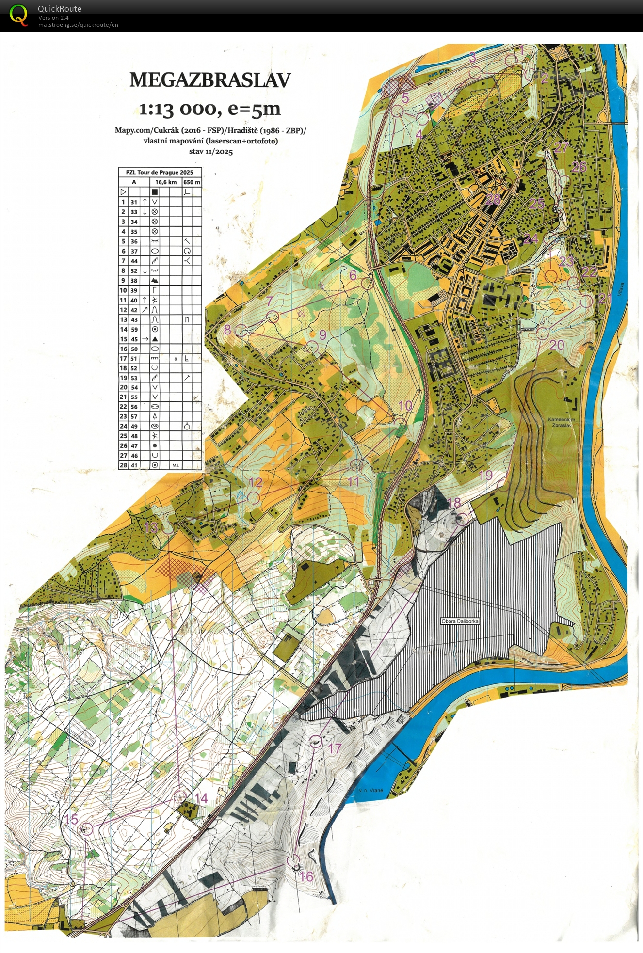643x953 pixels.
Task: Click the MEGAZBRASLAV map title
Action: point(210,80)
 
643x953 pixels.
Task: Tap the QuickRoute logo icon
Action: point(18,15)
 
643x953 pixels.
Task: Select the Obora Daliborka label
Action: point(460,621)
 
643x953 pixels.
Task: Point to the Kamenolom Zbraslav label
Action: point(561,422)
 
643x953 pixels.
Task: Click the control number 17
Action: point(335,748)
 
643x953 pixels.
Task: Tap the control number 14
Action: point(201,798)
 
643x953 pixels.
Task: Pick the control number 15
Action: point(71,819)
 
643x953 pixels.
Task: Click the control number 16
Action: point(306,876)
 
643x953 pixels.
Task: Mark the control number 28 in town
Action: point(493,199)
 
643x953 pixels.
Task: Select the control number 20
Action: point(557,345)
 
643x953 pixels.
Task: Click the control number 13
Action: point(151,527)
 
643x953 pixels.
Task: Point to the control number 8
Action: point(227,330)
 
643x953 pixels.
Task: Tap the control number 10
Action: point(405,405)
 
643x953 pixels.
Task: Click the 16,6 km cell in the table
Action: point(165,182)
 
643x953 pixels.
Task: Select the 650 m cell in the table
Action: point(192,182)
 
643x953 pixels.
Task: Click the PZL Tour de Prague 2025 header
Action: point(160,172)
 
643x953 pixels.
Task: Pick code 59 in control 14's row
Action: point(134,329)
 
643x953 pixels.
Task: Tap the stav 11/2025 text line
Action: point(210,152)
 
